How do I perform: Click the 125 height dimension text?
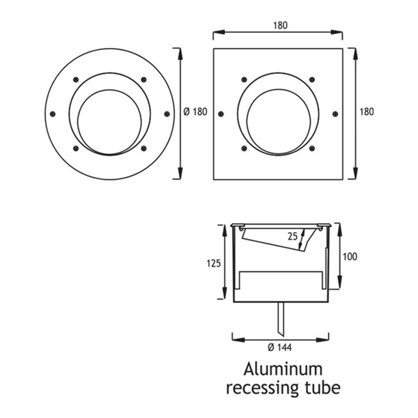[214, 263]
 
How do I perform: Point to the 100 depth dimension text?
[350, 256]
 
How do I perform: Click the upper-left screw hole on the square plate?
[244, 79]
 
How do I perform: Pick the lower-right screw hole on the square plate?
[311, 148]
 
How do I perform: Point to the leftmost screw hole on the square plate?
[221, 114]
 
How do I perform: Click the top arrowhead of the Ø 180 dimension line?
[180, 51]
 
